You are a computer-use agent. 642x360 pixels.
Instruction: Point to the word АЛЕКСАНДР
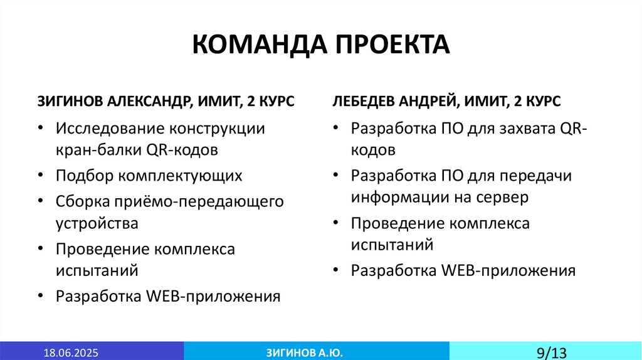(150, 102)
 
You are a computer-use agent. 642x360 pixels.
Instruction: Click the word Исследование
(109, 129)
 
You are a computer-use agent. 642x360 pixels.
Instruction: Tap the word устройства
(97, 223)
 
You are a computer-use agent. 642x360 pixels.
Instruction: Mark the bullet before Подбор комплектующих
(41, 176)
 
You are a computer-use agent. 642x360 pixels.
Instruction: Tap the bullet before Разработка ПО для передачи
(337, 176)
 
